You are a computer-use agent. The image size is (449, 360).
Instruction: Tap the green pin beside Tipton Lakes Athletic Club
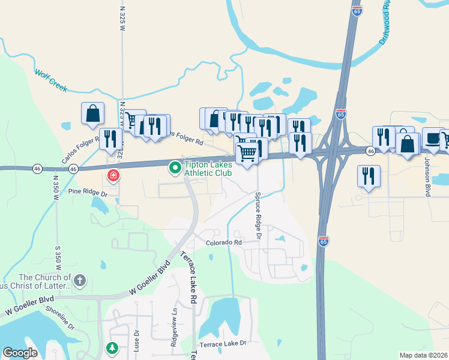pos(175,168)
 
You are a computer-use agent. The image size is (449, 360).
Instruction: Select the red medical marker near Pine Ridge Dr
pos(112,176)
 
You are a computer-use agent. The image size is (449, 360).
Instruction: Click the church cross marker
pos(80,280)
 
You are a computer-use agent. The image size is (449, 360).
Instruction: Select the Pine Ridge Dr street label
pos(87,193)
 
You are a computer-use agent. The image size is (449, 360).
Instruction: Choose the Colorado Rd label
pos(223,242)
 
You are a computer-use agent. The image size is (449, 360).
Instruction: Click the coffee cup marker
pos(432,138)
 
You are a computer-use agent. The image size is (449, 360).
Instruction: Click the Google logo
pos(20,353)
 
